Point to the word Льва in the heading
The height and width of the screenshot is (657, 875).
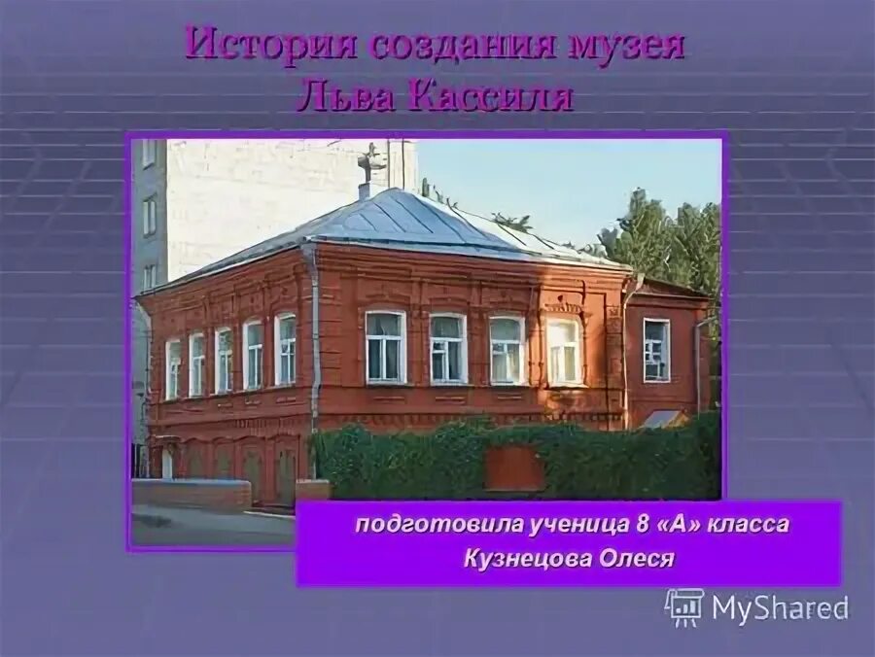pyautogui.click(x=340, y=97)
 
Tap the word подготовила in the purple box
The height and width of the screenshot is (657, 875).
pyautogui.click(x=425, y=525)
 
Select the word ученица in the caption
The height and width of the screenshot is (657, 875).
pyautogui.click(x=555, y=525)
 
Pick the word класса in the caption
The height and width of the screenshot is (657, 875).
pyautogui.click(x=749, y=525)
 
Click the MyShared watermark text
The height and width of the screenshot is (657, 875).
pyautogui.click(x=780, y=608)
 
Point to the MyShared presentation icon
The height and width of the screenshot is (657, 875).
pyautogui.click(x=684, y=606)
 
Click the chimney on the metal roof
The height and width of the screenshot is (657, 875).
pyautogui.click(x=369, y=171)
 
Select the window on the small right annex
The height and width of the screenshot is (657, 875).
pyautogui.click(x=656, y=349)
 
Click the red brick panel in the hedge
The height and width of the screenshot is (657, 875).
pyautogui.click(x=514, y=468)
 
